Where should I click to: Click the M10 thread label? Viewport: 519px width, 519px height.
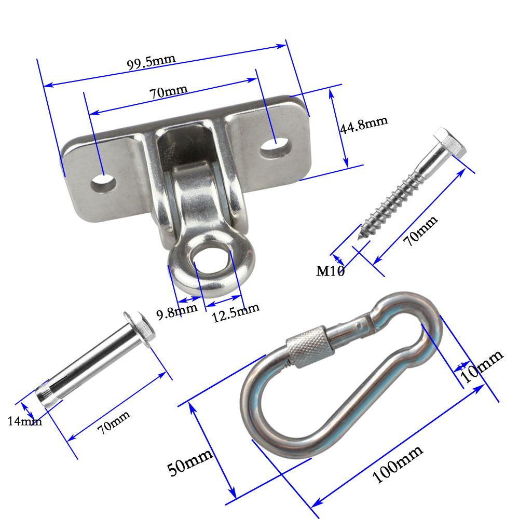(331, 270)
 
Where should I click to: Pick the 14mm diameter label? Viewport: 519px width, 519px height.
(24, 421)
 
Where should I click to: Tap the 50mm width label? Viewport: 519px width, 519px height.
(190, 462)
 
